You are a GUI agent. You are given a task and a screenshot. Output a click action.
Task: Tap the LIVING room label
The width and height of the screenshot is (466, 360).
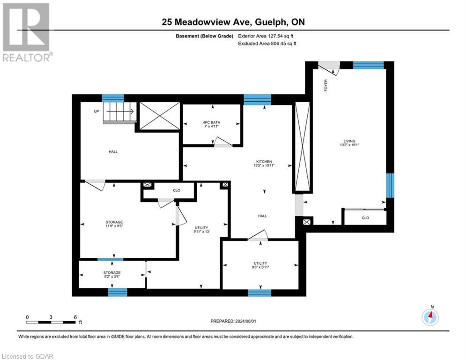349,141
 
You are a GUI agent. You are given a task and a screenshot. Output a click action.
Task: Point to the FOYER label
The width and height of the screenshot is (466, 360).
326,85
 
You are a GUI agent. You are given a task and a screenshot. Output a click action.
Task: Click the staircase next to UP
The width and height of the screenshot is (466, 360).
119,112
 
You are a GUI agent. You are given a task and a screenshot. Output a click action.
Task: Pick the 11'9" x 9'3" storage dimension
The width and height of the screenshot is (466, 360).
113,226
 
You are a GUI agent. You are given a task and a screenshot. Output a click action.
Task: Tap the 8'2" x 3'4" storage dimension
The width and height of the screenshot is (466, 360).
112,277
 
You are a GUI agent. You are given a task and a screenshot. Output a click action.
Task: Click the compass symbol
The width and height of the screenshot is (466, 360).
430,317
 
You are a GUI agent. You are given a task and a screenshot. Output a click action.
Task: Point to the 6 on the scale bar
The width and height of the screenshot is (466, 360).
75,317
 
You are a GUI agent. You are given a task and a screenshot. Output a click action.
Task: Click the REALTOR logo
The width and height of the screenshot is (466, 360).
27,32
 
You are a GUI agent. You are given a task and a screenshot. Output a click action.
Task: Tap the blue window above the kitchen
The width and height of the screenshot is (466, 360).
257,99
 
